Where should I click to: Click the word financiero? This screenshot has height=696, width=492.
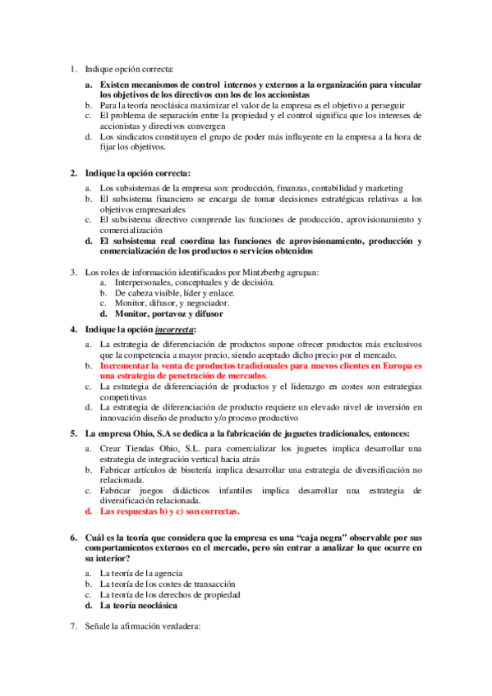(x=174, y=199)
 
